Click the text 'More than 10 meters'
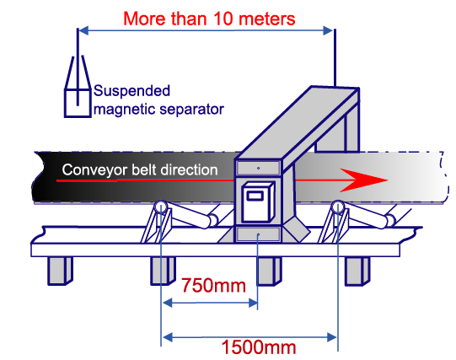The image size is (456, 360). pos(209,19)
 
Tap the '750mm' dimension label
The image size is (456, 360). pos(214,285)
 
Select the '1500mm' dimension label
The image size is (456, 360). pos(259,347)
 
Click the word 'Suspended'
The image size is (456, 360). pos(131,91)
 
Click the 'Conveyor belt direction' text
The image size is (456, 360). pos(140,169)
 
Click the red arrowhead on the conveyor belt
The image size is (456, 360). pos(363,180)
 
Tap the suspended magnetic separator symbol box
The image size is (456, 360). pos(78,103)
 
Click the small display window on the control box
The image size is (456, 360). pos(255,196)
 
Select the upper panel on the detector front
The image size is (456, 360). pos(258,168)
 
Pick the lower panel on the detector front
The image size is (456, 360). pos(258,234)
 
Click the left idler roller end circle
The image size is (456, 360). pos(160,207)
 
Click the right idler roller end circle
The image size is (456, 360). pos(338,207)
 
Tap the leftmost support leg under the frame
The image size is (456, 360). pos(60,271)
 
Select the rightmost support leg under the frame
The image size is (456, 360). pos(357,271)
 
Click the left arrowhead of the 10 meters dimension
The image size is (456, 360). pos(83,30)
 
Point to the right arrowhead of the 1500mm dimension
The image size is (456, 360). pos(332,337)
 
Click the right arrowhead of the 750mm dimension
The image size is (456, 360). pos(253,304)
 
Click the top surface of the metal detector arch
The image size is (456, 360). pos(298,123)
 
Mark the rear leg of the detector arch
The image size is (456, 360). pos(351,132)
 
